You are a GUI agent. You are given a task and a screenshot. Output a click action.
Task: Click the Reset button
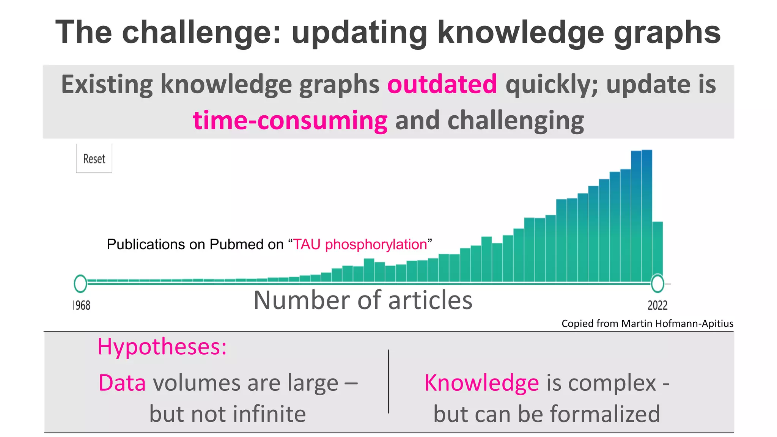click(94, 159)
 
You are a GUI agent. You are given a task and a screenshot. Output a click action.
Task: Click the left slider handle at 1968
click(80, 284)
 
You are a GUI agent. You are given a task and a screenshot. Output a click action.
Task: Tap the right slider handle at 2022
click(657, 284)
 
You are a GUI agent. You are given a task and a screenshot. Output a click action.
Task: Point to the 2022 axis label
click(657, 305)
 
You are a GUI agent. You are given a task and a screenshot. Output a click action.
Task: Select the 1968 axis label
click(82, 305)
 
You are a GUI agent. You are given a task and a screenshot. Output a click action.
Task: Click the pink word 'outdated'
click(442, 84)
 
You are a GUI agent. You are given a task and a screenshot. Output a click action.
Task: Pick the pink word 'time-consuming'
click(290, 121)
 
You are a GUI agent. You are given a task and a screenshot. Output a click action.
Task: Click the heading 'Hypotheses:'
click(162, 346)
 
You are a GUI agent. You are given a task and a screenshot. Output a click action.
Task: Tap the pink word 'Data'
click(122, 383)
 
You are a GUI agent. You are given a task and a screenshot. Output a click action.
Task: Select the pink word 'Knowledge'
click(481, 383)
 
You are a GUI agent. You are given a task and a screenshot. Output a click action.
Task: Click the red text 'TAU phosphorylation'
click(360, 245)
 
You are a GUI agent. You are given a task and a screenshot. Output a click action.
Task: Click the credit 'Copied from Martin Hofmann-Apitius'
click(647, 324)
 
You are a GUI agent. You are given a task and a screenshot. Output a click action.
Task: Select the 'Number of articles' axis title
click(363, 300)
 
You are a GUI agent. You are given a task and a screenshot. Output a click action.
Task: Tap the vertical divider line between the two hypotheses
click(388, 381)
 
